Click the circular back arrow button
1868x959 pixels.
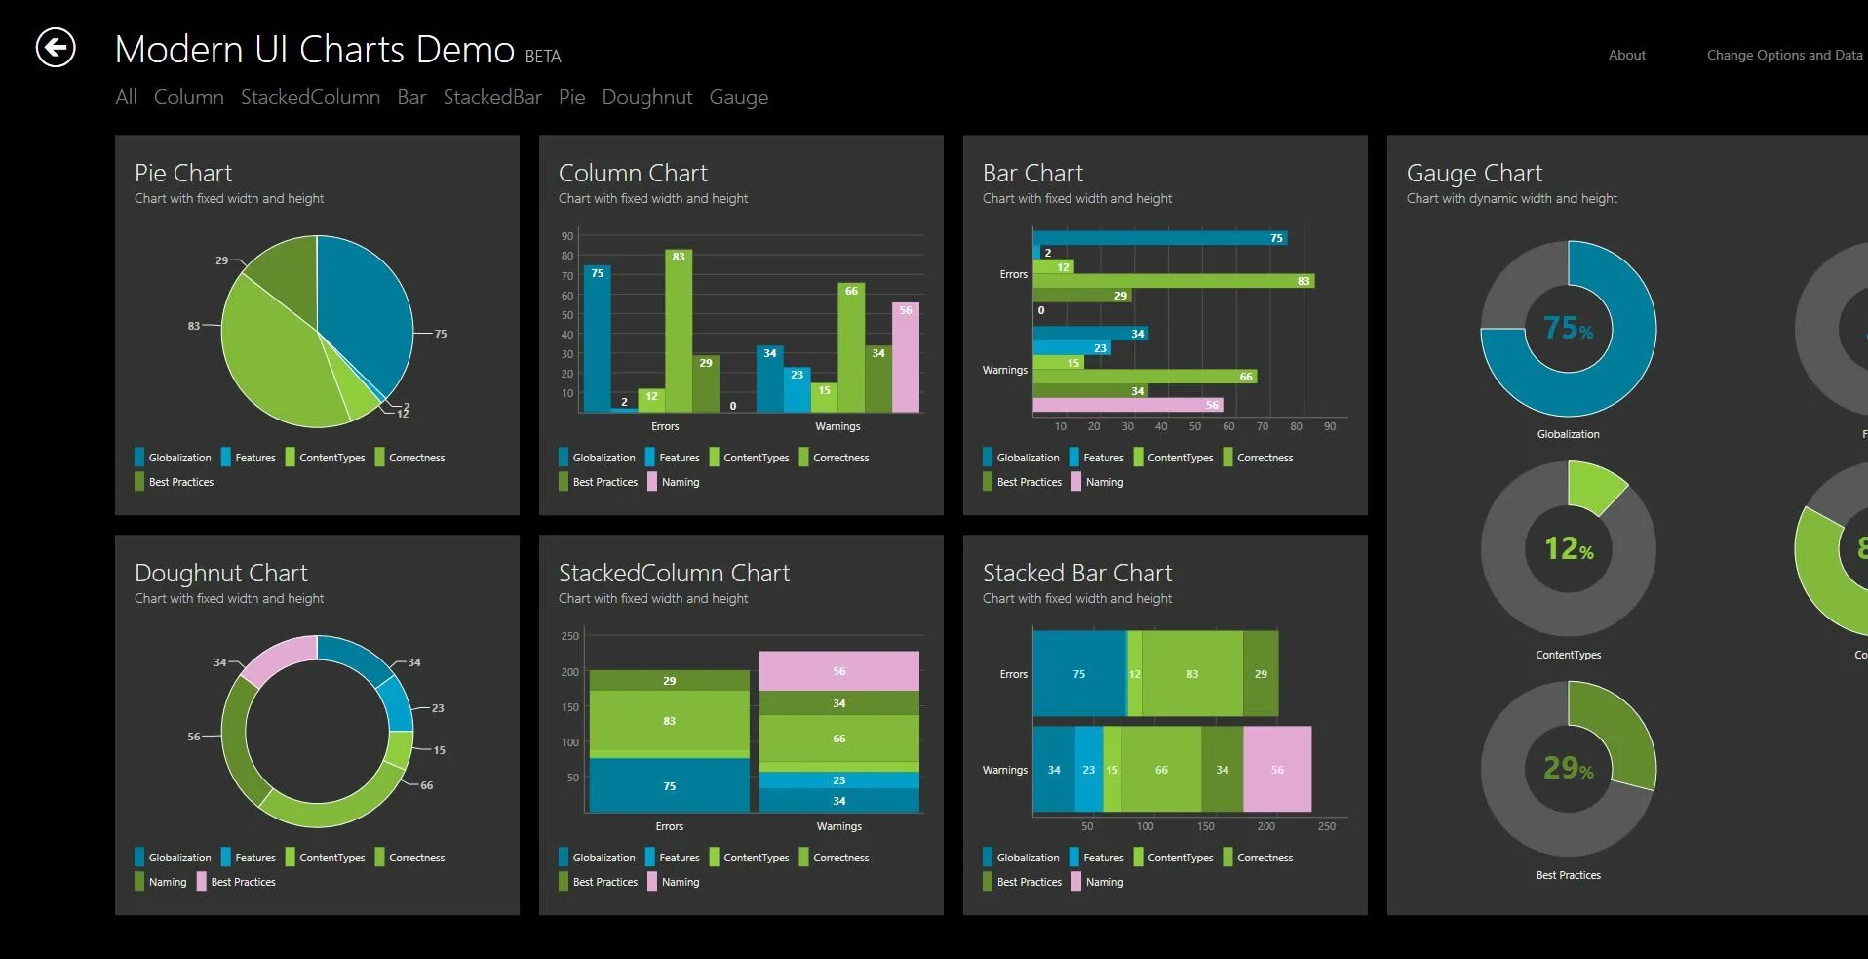(56, 48)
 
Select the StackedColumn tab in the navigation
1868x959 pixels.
(310, 98)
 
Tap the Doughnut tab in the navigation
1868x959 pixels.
(646, 98)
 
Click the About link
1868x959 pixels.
(1626, 56)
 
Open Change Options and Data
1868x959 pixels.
(1783, 56)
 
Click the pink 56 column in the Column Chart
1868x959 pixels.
(906, 357)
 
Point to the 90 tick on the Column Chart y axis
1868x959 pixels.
(567, 236)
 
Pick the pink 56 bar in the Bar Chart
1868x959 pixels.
(1127, 405)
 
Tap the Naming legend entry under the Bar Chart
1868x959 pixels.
(1104, 482)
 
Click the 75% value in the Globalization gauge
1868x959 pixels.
(1568, 329)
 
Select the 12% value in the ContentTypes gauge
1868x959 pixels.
(1568, 549)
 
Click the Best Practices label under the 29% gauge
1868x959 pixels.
(1568, 875)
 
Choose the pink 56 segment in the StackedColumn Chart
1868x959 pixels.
(838, 671)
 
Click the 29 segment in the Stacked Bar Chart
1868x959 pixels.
(1261, 674)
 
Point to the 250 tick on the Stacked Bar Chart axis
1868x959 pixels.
(1326, 826)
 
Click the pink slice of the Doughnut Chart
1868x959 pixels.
(279, 658)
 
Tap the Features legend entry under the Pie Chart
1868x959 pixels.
(254, 458)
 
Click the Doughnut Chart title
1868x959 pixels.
(221, 573)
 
